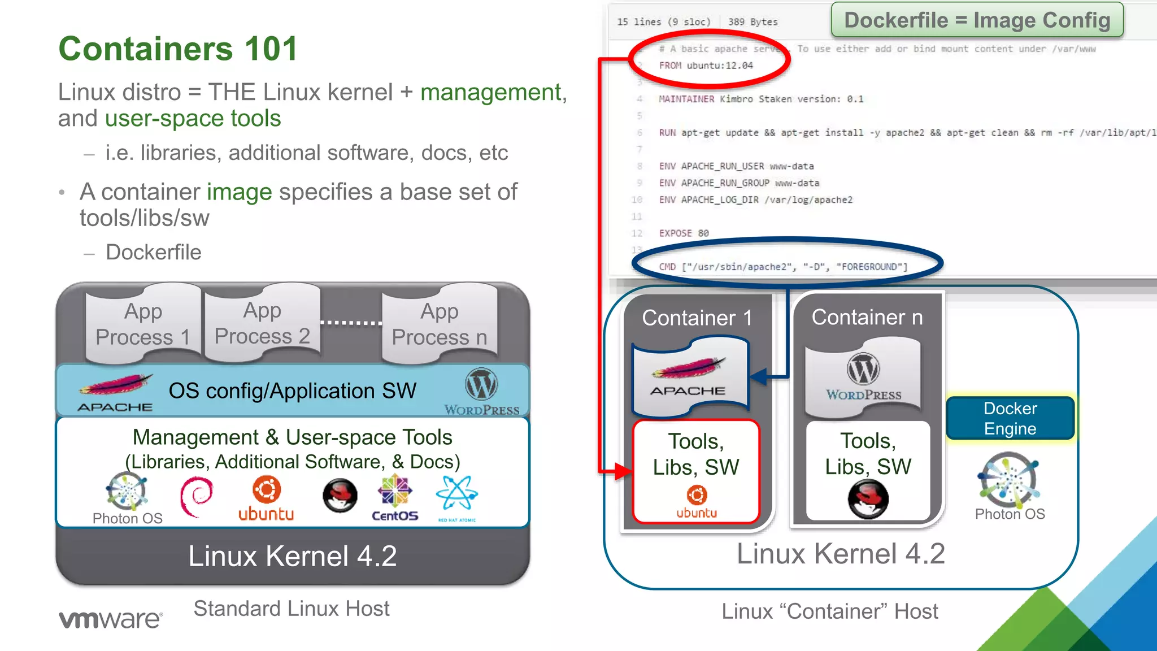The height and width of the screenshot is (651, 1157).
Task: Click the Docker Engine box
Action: (1010, 418)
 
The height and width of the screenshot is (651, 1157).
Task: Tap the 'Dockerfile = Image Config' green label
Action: (977, 20)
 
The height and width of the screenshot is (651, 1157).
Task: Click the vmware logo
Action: (111, 619)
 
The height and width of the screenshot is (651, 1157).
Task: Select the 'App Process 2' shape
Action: (262, 323)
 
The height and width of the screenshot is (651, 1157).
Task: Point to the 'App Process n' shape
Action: (439, 324)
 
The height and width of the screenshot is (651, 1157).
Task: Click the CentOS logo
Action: (395, 498)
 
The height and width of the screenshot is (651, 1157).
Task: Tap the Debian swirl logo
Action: (196, 497)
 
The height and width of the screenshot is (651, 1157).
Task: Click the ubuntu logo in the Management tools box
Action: (266, 498)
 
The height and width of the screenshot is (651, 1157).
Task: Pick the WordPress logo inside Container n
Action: (863, 376)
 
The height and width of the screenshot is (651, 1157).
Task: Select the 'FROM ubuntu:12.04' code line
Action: (706, 66)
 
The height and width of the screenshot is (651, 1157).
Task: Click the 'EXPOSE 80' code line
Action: (684, 233)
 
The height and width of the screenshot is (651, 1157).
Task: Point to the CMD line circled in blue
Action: (783, 267)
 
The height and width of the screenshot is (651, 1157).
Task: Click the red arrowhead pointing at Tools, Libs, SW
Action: (624, 471)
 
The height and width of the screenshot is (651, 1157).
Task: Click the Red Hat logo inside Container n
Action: (868, 498)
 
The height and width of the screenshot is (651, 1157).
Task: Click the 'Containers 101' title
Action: (178, 49)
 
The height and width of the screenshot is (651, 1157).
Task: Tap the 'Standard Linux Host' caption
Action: (292, 609)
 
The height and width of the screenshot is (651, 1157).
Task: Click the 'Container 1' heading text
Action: (697, 318)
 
